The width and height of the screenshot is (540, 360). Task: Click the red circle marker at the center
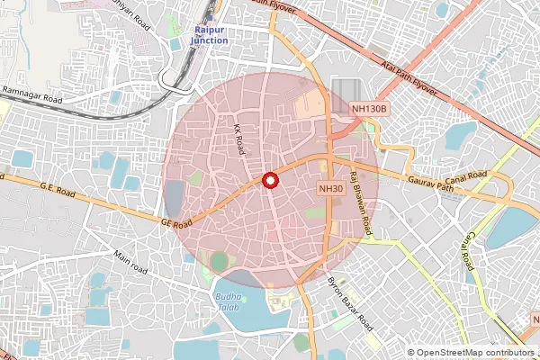click(x=269, y=180)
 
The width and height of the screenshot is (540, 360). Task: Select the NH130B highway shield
click(x=369, y=109)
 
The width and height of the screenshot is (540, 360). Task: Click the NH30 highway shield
click(x=331, y=188)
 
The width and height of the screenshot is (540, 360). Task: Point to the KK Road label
click(x=239, y=139)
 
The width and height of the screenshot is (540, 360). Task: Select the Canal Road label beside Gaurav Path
click(x=490, y=175)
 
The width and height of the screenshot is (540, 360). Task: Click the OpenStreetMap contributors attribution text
click(x=473, y=353)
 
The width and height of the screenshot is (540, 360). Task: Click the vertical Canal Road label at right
click(x=468, y=248)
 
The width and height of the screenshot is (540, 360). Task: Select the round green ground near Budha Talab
click(x=220, y=261)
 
